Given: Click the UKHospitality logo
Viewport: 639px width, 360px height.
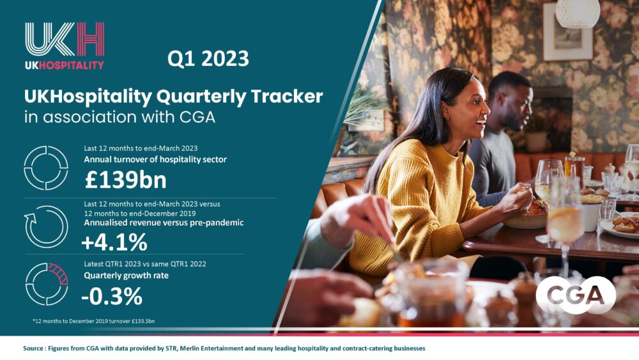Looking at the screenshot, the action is (x=65, y=45).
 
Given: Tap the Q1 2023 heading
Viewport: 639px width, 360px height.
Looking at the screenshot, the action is (x=208, y=59).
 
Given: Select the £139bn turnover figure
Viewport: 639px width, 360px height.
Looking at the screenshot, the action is (x=125, y=180).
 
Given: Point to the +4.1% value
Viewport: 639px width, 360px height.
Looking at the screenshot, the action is (x=114, y=242).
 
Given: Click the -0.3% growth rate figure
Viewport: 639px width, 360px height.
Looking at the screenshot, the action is (x=112, y=296).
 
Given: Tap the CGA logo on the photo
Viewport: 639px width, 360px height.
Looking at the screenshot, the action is (x=576, y=295).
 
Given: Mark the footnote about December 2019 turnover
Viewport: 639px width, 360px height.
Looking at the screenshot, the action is (x=93, y=321).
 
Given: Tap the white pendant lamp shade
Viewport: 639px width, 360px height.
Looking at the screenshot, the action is (x=578, y=13).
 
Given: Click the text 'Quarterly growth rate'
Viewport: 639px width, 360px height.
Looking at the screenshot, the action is (x=127, y=276).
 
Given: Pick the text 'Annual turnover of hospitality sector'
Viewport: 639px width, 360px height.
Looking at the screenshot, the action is (x=155, y=159).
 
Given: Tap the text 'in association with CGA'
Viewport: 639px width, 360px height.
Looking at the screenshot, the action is (x=119, y=117).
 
